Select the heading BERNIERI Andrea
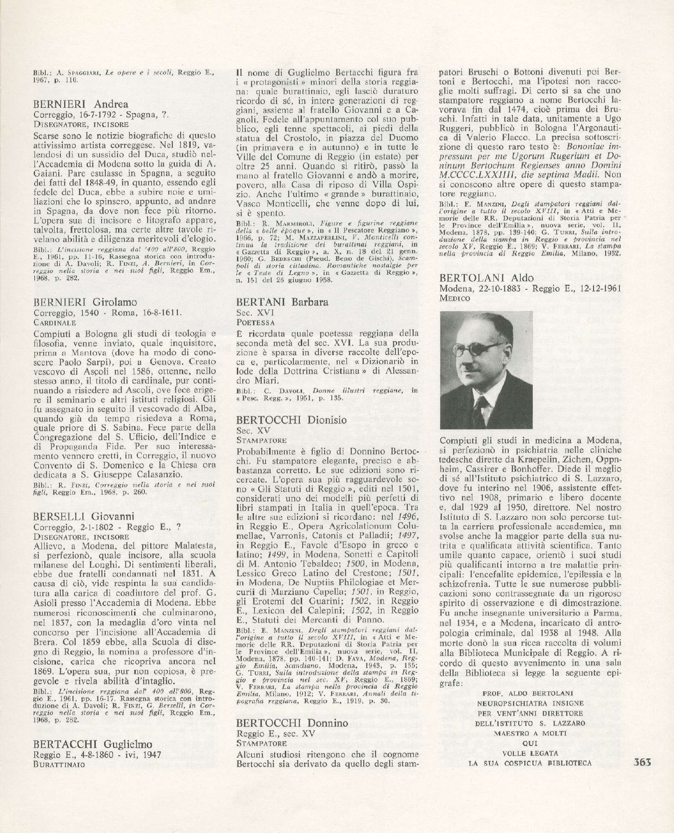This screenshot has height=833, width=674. [81, 105]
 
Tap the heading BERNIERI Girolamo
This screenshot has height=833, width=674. [85, 302]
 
